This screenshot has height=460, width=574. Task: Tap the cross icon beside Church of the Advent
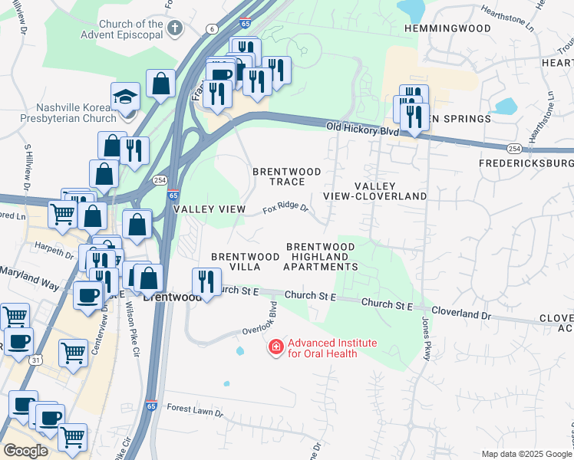point(175,29)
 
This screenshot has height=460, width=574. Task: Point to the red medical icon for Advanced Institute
point(274,348)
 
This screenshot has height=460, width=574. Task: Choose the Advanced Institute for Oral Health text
point(322,348)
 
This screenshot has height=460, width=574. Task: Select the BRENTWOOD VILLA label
point(245,261)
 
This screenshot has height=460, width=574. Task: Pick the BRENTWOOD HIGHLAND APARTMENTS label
point(321,256)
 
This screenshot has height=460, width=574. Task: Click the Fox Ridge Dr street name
point(285,209)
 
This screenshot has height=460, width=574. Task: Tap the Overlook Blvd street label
point(273,316)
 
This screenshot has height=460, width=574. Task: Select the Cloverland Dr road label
point(460,313)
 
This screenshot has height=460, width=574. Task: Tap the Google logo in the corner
point(25,451)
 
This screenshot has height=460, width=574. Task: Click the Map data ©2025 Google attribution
point(526,454)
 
